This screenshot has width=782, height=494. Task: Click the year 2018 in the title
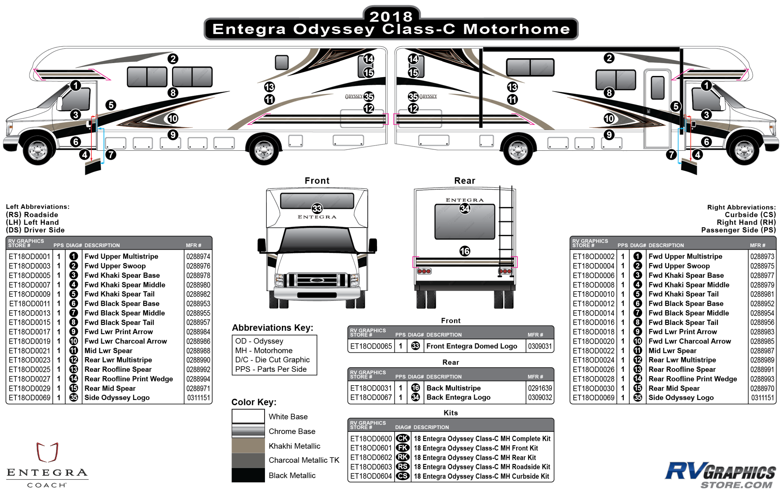[x=391, y=16]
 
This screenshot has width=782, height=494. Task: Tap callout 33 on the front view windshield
[x=317, y=208]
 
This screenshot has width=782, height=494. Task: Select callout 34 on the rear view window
[x=465, y=208]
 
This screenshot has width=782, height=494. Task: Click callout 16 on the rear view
[x=465, y=251]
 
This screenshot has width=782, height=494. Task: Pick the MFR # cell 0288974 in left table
[x=198, y=256]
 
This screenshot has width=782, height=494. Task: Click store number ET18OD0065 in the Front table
[x=371, y=346]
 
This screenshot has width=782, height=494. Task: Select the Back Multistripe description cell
[x=453, y=388]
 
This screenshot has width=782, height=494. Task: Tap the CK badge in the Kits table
[x=403, y=438]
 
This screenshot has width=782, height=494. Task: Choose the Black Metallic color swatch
[x=248, y=475]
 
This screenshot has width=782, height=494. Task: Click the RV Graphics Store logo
[x=720, y=475]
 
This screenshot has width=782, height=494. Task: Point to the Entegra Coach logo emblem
[x=47, y=452]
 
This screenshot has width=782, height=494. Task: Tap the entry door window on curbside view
[x=658, y=87]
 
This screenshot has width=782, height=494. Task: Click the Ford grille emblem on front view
[x=317, y=280]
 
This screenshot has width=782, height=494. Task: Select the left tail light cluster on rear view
[x=424, y=271]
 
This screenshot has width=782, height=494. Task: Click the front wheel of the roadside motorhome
[x=38, y=151]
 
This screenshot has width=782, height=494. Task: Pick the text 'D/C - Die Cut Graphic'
[x=272, y=360]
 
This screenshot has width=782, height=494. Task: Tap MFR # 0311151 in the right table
[x=762, y=398]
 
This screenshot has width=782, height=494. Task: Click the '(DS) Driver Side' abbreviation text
[x=35, y=230]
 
